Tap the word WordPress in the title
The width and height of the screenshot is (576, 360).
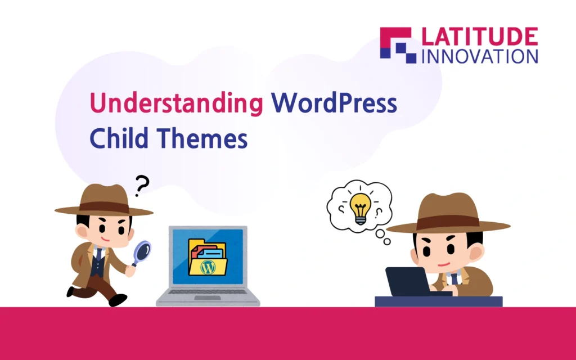tap(334, 103)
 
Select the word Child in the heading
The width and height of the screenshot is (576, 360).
tap(119, 138)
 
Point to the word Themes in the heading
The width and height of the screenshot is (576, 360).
tap(202, 138)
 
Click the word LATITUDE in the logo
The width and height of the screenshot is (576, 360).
tap(480, 37)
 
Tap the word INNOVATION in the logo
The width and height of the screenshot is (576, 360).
tap(480, 57)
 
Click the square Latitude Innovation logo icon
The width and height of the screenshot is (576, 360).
tap(398, 45)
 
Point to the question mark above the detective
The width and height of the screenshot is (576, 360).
tap(141, 186)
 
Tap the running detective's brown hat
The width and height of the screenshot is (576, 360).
tap(103, 201)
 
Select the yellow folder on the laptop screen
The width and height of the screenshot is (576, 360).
tap(208, 257)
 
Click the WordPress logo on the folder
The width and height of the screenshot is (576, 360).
tap(208, 267)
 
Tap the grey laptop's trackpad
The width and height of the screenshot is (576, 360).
tap(208, 298)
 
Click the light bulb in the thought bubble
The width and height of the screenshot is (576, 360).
tap(360, 208)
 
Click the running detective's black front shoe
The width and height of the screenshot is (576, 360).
tap(118, 299)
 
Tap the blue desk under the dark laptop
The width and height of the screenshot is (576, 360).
tap(439, 301)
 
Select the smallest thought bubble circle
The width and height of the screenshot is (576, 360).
tap(387, 242)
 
